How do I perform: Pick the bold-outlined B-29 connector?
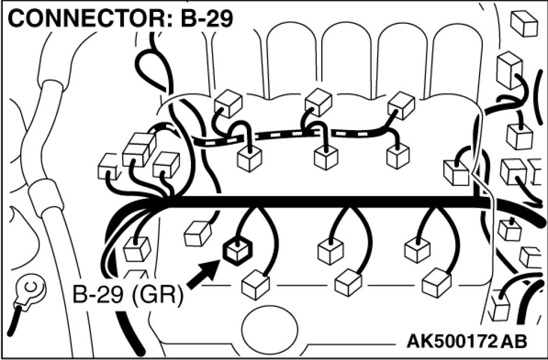237,251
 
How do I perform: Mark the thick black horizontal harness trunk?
326,202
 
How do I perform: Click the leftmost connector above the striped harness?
227,102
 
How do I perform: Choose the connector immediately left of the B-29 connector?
197,234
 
